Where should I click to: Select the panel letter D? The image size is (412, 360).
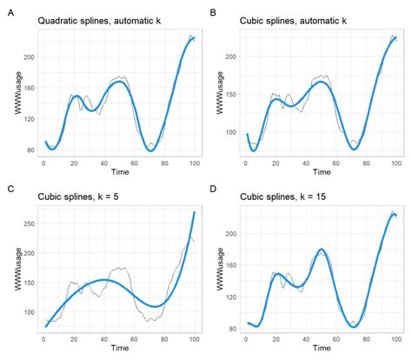pos(215,189)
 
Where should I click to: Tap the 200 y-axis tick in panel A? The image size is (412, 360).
pos(28,57)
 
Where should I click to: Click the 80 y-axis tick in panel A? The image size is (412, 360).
pos(30,150)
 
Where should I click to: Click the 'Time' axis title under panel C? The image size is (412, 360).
pos(119,349)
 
